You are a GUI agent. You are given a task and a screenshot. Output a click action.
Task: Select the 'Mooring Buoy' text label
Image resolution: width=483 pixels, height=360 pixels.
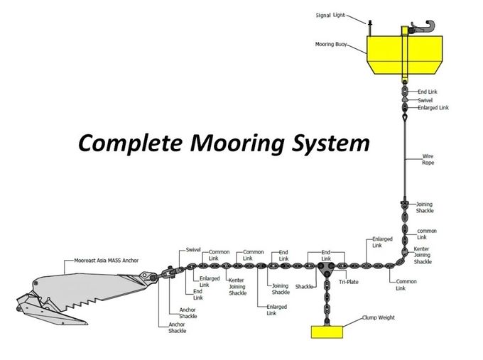pos(331,44)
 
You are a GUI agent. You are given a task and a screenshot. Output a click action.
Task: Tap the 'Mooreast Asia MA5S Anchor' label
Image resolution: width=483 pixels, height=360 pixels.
pos(107,261)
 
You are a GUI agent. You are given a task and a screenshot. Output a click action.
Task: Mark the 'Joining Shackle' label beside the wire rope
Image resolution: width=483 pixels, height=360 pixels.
pos(425,207)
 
